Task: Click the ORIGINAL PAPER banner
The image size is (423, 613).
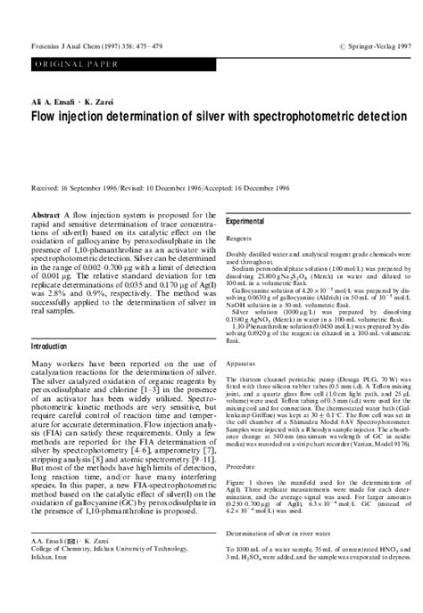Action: click(62, 67)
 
